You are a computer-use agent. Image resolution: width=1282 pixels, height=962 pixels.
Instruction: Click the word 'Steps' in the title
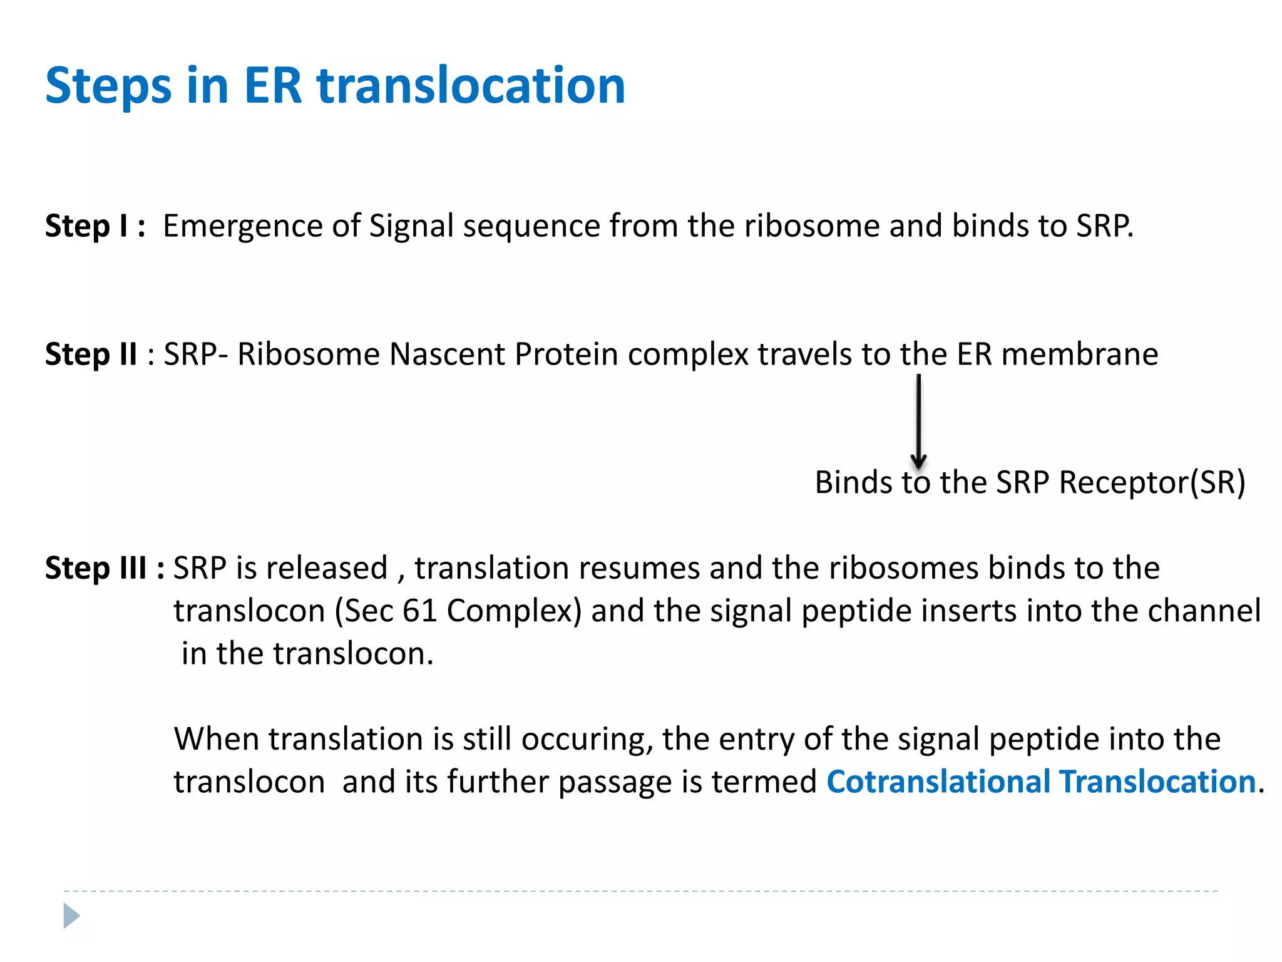click(x=108, y=86)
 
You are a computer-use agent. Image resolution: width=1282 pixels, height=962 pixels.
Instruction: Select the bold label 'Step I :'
click(x=95, y=226)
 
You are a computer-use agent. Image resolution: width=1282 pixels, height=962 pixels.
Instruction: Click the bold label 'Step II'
click(x=91, y=354)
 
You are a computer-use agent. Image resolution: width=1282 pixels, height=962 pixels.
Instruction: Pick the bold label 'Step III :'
click(x=105, y=568)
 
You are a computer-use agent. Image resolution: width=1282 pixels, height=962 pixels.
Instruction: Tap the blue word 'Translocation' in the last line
click(x=1157, y=782)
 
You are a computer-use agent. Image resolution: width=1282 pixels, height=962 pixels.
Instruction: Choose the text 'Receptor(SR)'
click(x=1152, y=483)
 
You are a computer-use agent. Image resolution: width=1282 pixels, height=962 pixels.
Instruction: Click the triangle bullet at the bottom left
click(x=71, y=916)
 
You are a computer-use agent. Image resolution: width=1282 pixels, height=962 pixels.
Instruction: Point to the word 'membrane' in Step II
click(x=1079, y=354)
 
